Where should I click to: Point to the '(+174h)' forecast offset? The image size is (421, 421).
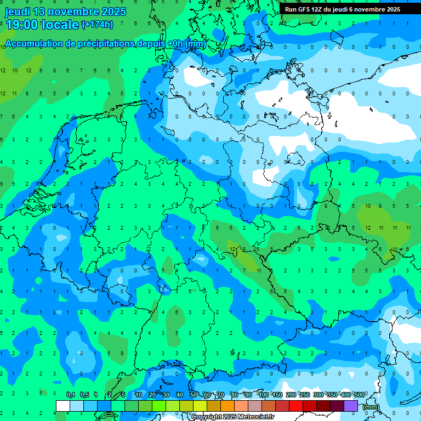97,25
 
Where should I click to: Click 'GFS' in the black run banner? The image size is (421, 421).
304,9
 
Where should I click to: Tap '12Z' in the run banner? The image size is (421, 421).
318,9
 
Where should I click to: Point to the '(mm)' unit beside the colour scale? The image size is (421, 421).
371,407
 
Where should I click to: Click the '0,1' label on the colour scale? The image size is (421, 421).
71,395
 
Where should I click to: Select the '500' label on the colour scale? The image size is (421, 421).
359,395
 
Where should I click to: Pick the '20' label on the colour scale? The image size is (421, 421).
152,395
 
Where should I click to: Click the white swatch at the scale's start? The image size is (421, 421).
63,406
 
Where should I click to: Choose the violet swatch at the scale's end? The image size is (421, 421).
351,406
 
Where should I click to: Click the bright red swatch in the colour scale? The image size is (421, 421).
296,406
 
